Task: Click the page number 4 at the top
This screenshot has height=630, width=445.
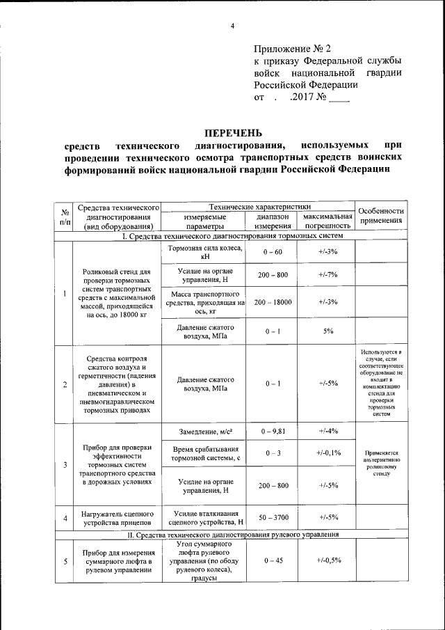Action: [233, 26]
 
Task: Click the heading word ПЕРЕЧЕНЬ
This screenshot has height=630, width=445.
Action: [234, 132]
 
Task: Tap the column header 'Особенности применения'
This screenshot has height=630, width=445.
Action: [380, 216]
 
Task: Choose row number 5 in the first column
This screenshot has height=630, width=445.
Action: [64, 562]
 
